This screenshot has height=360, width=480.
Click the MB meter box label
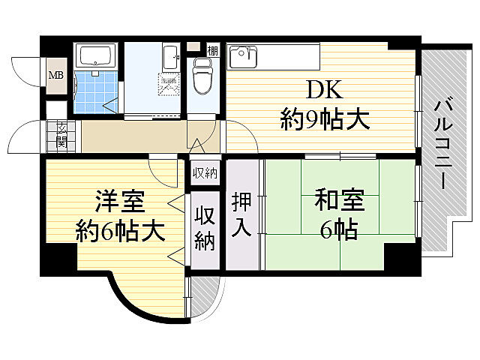pyautogui.click(x=56, y=75)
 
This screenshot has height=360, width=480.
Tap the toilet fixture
pyautogui.click(x=201, y=76)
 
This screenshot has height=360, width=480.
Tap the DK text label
pyautogui.click(x=324, y=91)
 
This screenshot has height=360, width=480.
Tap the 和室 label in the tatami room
pyautogui.click(x=338, y=202)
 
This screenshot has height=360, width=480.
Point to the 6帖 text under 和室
pyautogui.click(x=338, y=229)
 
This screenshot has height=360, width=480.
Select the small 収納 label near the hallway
pyautogui.click(x=204, y=172)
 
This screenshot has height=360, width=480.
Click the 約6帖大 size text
pyautogui.click(x=120, y=231)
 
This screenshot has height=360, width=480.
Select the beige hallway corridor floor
pyautogui.click(x=135, y=137)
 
